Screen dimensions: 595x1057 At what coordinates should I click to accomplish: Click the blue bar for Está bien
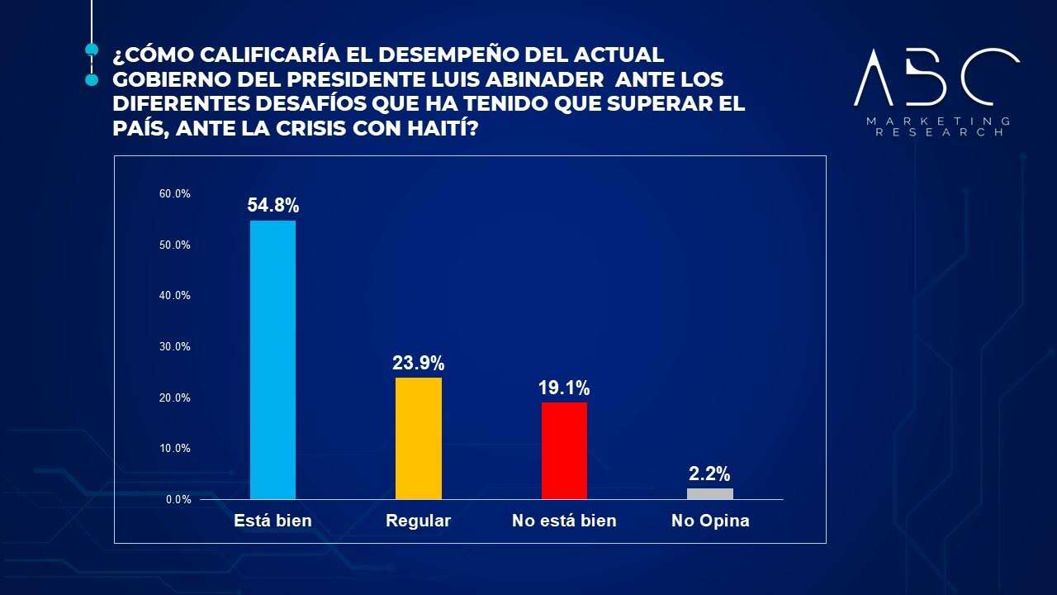coord(273,359)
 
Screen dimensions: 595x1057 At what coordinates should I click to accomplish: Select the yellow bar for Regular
coord(419,438)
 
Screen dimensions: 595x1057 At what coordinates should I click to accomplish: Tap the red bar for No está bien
coord(564,450)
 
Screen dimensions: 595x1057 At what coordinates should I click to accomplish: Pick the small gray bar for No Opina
coord(710,493)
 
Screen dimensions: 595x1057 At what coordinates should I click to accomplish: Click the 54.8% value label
coord(273,206)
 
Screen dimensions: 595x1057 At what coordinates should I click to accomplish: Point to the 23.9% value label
coord(419,363)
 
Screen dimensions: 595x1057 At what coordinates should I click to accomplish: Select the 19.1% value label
coord(564,388)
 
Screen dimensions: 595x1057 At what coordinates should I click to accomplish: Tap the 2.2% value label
coord(710,474)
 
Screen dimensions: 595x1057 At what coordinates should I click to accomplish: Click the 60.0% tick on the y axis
coord(175,194)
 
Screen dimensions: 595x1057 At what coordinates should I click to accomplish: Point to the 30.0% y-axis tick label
coord(175,347)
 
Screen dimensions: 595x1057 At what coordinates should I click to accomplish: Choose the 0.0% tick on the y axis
coord(178,500)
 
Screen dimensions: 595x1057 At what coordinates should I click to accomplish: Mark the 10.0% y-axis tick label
coord(175,449)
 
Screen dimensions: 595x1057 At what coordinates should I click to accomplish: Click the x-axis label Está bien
coord(273,521)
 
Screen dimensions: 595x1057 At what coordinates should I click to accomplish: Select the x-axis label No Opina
coord(710,521)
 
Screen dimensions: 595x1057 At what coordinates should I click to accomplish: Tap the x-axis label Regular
coord(419,521)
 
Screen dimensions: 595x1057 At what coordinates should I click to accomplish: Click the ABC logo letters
coord(936,77)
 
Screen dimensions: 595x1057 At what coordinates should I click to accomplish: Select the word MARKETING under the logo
coord(938,121)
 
